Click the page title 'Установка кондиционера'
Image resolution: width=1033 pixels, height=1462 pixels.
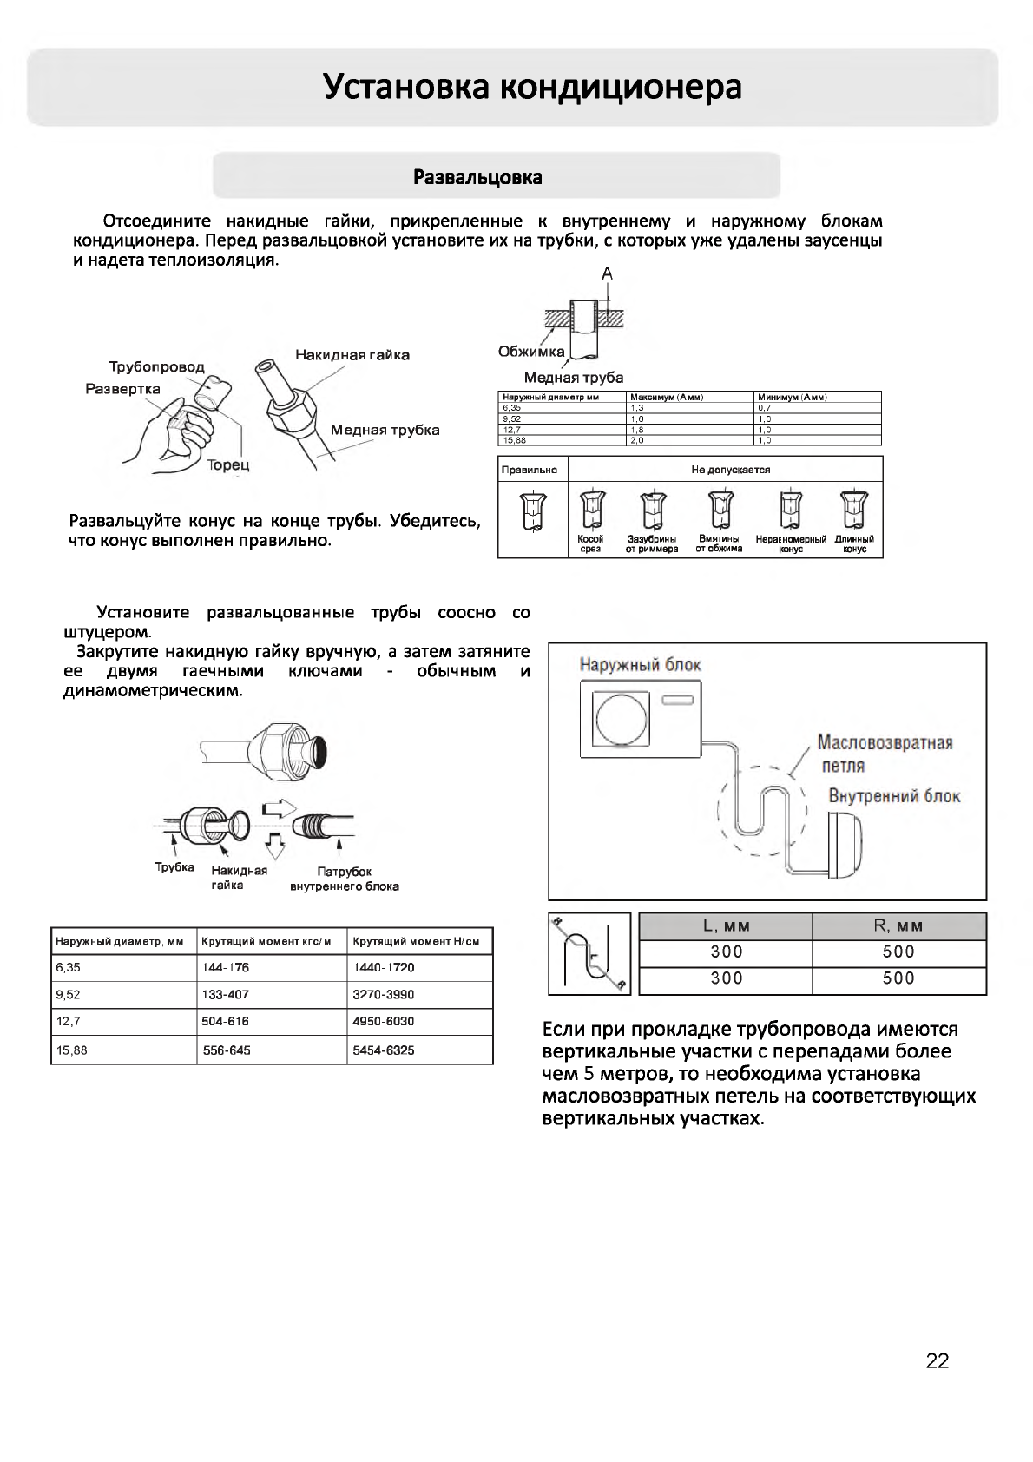[x=532, y=87]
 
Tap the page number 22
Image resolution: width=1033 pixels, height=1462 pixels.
[x=938, y=1360]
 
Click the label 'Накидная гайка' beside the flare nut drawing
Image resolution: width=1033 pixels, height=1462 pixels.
[x=352, y=354]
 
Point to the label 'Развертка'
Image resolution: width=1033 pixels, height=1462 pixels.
[x=122, y=388]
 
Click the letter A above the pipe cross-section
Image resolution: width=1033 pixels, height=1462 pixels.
[x=607, y=273]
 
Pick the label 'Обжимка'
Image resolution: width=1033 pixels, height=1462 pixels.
[x=531, y=351]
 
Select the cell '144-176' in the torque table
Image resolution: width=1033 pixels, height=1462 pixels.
[x=225, y=967]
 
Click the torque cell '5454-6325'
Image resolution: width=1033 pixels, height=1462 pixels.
[x=383, y=1050]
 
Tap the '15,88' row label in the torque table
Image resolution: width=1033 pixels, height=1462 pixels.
[x=69, y=1050]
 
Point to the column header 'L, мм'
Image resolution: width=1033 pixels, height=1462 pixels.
[x=726, y=925]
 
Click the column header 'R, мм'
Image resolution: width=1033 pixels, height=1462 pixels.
[x=898, y=925]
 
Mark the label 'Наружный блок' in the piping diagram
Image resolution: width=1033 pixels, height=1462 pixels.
[x=640, y=665]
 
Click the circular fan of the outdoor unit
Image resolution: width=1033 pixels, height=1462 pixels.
[x=620, y=716]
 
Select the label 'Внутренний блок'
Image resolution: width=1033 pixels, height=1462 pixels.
[x=894, y=796]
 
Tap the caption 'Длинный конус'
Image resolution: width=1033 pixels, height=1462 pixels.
[x=854, y=543]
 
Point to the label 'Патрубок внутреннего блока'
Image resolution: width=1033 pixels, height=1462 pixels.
[x=344, y=879]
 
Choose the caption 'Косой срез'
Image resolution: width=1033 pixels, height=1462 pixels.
[x=590, y=543]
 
